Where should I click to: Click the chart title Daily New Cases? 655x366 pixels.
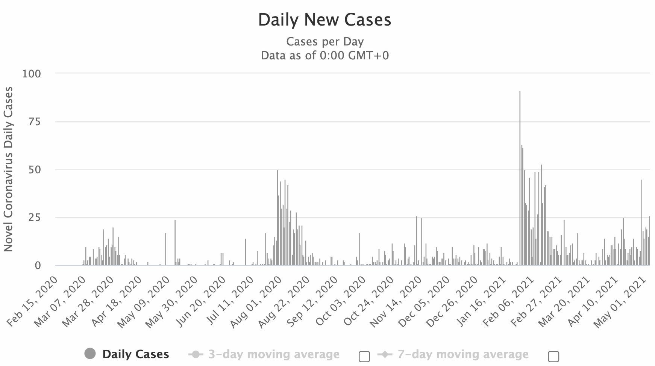click(x=324, y=20)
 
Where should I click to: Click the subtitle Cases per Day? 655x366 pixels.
click(x=324, y=41)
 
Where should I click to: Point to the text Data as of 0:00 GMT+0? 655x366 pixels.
click(x=324, y=56)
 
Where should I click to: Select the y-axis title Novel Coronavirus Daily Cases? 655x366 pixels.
click(x=8, y=169)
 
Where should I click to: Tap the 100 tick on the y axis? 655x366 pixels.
click(x=32, y=74)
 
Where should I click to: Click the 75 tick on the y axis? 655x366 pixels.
click(x=34, y=122)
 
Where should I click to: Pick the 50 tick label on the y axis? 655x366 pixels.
click(x=34, y=170)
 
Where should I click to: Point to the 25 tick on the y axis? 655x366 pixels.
click(x=34, y=218)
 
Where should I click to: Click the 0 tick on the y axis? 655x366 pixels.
click(x=38, y=266)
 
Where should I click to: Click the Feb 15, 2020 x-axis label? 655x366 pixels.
click(x=33, y=301)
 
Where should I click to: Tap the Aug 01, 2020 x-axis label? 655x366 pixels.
click(x=256, y=301)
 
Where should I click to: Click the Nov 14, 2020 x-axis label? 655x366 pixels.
click(x=395, y=301)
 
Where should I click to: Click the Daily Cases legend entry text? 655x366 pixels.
click(x=136, y=354)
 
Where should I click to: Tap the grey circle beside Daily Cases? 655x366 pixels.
click(x=90, y=354)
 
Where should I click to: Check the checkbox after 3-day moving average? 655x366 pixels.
click(x=364, y=356)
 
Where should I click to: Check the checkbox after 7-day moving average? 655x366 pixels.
click(x=553, y=356)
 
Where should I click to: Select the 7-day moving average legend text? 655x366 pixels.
click(x=463, y=354)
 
